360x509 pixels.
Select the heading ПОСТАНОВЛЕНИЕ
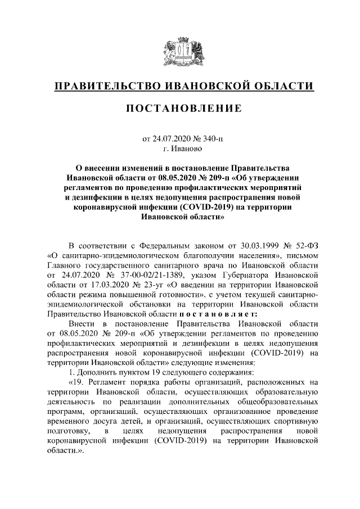click(x=180, y=108)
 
